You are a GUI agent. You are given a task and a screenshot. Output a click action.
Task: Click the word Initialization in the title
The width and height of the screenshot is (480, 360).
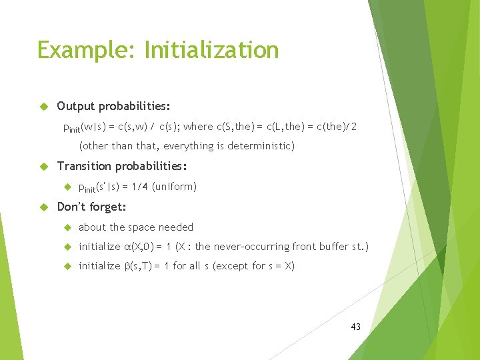[211, 51]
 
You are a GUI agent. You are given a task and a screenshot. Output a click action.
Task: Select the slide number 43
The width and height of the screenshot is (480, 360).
[355, 327]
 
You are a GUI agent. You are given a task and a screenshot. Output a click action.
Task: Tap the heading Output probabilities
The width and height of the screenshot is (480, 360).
[113, 106]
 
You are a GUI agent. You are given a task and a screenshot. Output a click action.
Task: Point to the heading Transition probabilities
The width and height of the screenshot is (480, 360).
[122, 166]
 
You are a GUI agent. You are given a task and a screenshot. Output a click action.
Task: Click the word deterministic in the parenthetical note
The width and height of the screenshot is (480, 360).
[261, 146]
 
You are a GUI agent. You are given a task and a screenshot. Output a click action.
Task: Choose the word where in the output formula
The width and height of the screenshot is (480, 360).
[198, 126]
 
